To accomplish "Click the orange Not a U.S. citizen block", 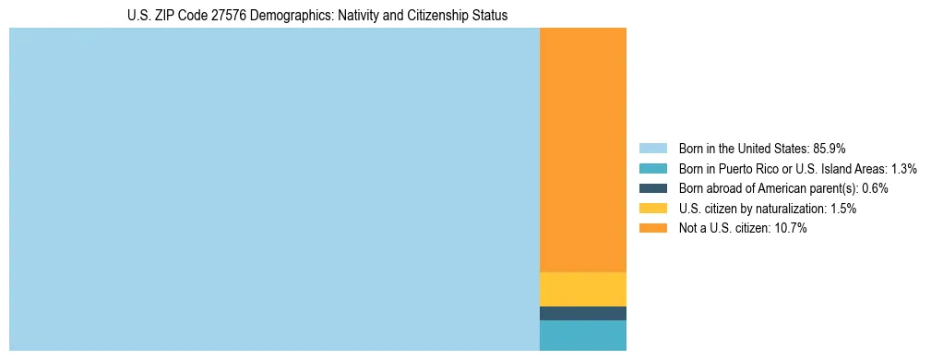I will pyautogui.click(x=582, y=150).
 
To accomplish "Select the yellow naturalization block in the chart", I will pyautogui.click(x=582, y=289).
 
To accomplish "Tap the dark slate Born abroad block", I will pyautogui.click(x=582, y=313).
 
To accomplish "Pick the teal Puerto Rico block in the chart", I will pyautogui.click(x=582, y=335).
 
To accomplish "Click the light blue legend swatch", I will pyautogui.click(x=652, y=149).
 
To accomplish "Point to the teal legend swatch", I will pyautogui.click(x=652, y=169).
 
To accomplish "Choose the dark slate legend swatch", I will pyautogui.click(x=652, y=188).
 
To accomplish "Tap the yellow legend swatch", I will pyautogui.click(x=652, y=209).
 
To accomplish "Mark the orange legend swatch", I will pyautogui.click(x=652, y=228).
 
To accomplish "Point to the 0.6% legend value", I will pyautogui.click(x=875, y=188).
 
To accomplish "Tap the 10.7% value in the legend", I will pyautogui.click(x=792, y=228).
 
